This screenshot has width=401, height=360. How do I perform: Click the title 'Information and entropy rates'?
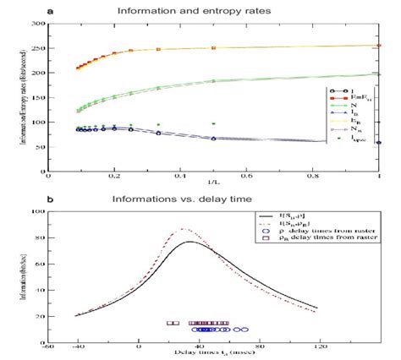(211, 12)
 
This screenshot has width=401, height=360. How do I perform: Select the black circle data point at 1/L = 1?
(378, 143)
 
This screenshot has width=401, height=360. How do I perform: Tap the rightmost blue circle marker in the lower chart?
(246, 330)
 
